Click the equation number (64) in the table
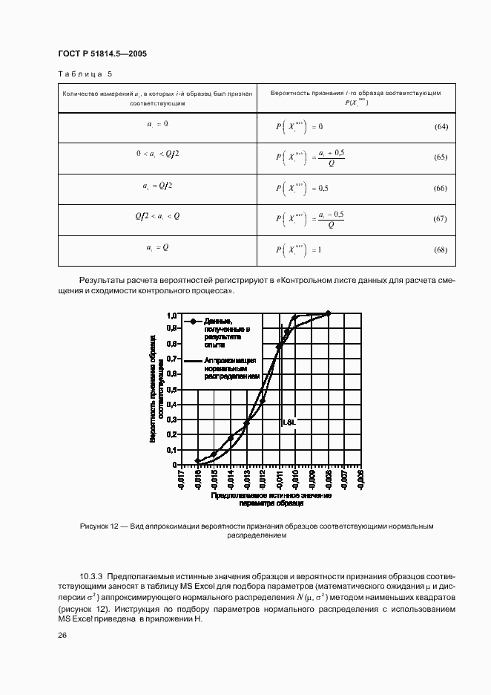(x=441, y=127)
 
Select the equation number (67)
(x=441, y=219)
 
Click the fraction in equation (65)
(x=331, y=157)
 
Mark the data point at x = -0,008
(x=328, y=313)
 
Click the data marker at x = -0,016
(x=197, y=460)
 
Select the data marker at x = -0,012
(x=263, y=401)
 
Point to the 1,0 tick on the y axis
(x=171, y=315)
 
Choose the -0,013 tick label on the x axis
(x=247, y=479)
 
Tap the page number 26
(x=62, y=635)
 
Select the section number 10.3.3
(x=93, y=576)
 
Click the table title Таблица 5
(x=85, y=74)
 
